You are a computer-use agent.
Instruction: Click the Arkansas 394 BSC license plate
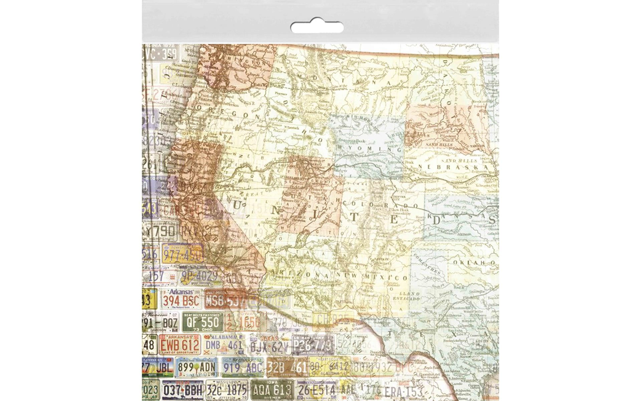coord(181,299)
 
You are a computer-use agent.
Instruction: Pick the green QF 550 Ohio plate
coord(203,322)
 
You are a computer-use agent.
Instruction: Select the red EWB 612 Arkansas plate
coord(180,344)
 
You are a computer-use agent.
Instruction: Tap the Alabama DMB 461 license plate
coord(224,344)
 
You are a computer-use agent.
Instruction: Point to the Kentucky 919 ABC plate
coord(243,367)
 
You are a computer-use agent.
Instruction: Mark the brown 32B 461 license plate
coord(287,367)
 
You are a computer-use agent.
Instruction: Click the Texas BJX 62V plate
coord(269,346)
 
